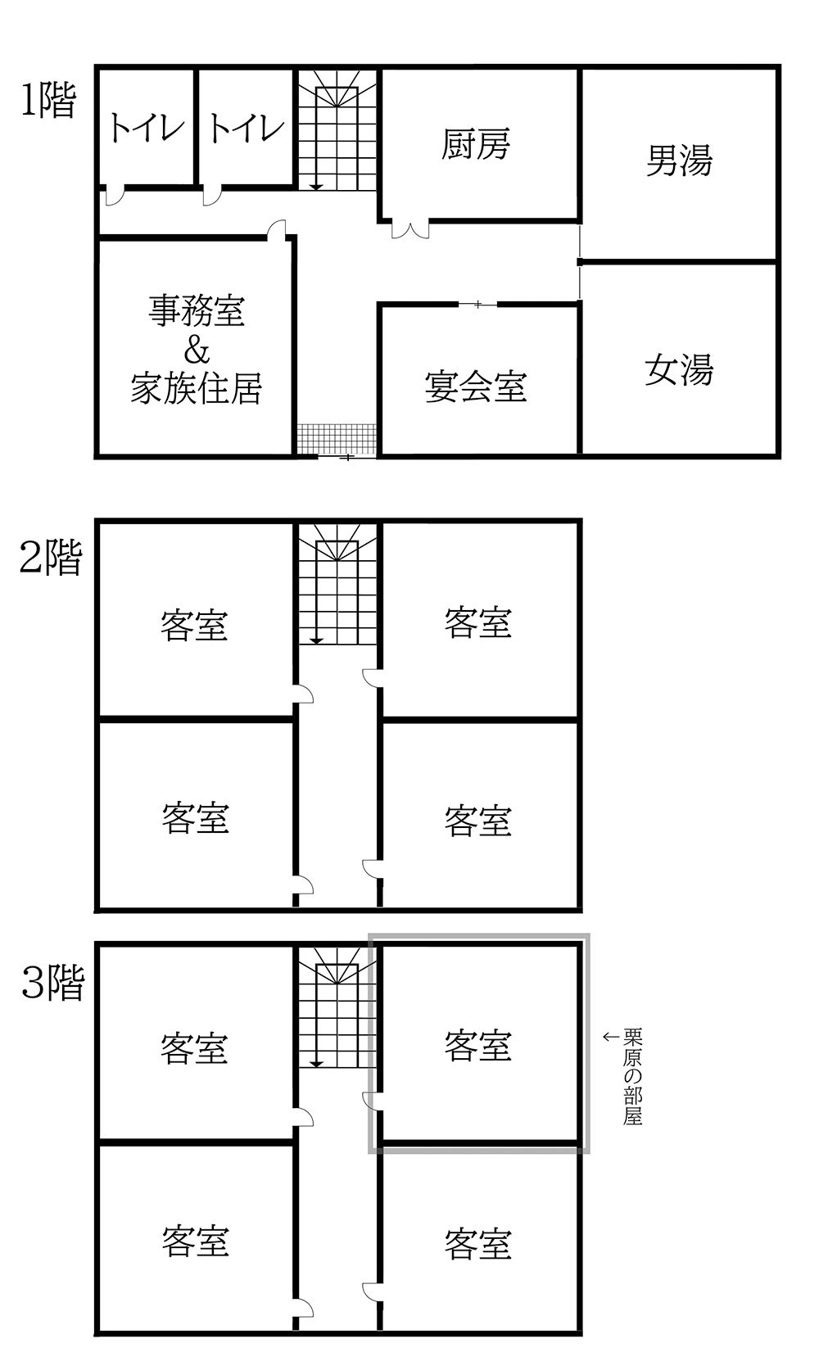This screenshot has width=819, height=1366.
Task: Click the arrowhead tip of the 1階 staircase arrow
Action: click(316, 189)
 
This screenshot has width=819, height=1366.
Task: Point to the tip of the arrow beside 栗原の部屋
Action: click(603, 1036)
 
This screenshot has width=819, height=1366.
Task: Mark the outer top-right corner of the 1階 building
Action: click(781, 65)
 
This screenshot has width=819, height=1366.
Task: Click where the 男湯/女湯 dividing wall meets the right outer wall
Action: click(777, 261)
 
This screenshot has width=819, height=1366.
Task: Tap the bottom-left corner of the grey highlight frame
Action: click(369, 1152)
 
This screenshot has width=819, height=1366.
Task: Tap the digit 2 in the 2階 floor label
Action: click(29, 558)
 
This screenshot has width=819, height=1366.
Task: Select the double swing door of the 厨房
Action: click(410, 228)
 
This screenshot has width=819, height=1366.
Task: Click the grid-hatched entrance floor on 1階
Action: click(337, 439)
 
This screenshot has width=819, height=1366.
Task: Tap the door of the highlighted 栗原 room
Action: click(372, 1101)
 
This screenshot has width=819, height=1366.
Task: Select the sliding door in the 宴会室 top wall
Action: click(477, 304)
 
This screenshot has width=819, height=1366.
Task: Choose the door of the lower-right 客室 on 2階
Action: click(372, 869)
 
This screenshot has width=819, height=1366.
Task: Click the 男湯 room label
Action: click(679, 161)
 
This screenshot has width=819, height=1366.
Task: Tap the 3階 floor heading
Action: click(52, 983)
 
